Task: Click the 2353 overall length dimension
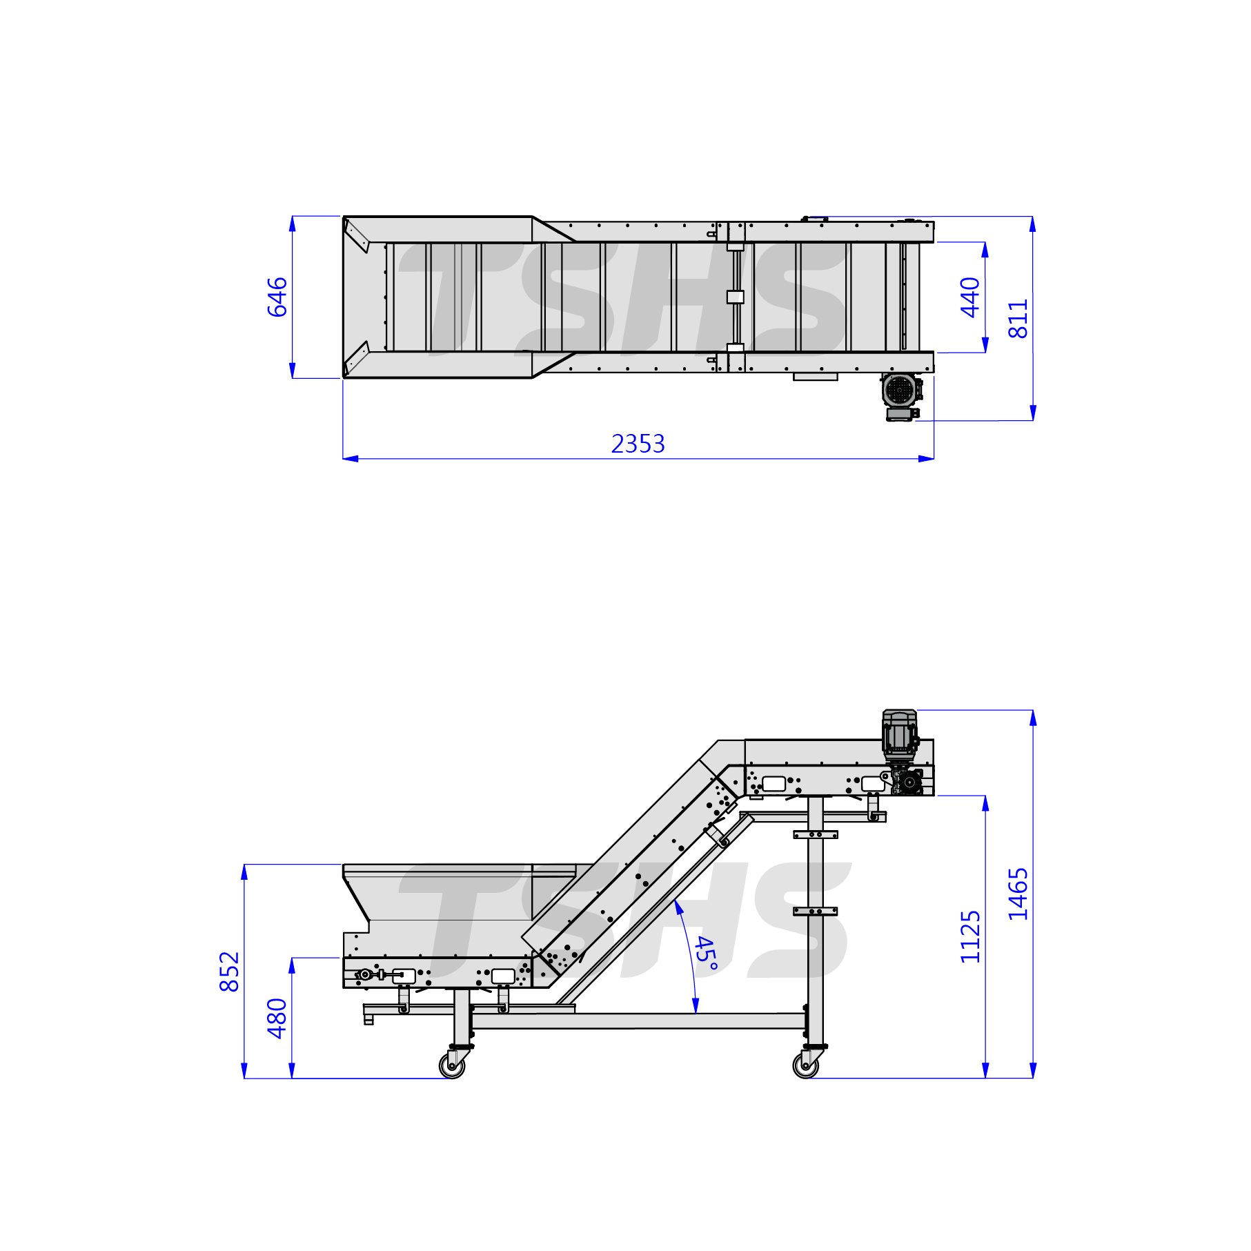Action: coord(638,444)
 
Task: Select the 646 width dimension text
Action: coord(277,297)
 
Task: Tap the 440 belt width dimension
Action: coord(970,297)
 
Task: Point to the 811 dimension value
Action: coord(1018,319)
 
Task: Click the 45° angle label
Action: coord(706,954)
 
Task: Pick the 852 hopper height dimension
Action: coord(229,972)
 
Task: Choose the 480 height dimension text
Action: coord(277,1018)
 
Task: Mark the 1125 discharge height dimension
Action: coord(970,936)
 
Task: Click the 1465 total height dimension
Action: coord(1018,894)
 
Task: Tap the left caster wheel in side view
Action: coord(453,1065)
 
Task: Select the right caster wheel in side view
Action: coord(806,1065)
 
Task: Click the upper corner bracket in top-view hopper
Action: coord(357,235)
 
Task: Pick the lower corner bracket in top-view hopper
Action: coord(357,358)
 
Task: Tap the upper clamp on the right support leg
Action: coord(815,834)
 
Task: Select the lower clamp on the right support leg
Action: coord(815,911)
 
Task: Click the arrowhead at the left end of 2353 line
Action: coord(351,458)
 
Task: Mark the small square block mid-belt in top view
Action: coord(736,297)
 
